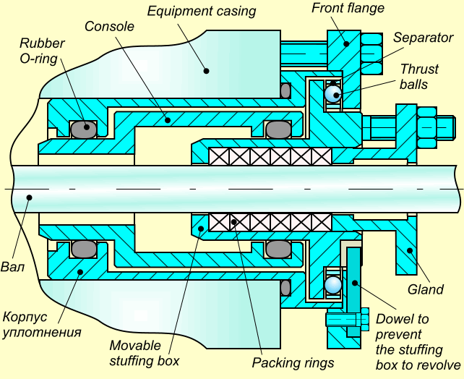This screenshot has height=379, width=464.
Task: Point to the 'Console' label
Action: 109,26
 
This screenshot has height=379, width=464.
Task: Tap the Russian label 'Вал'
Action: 14,267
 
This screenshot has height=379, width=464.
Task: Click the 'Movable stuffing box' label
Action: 144,352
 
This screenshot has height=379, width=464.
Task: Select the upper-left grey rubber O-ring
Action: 83,129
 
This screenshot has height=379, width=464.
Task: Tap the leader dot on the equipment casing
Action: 206,71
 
